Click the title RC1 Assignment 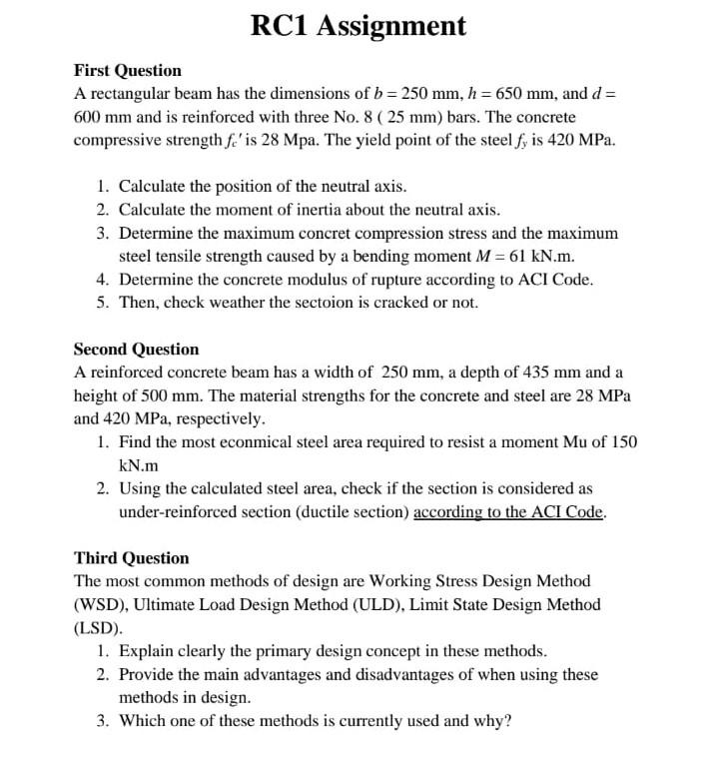coord(359,26)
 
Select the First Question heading coord(128,71)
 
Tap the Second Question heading coord(137,350)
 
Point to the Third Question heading coord(131,558)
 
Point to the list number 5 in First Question coord(104,303)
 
